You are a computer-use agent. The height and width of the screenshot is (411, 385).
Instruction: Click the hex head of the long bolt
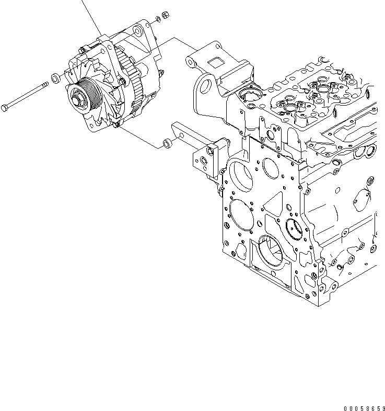[6, 108]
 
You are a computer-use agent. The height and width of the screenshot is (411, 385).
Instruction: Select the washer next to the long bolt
[54, 79]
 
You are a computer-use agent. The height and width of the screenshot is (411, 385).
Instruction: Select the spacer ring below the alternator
[167, 142]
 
